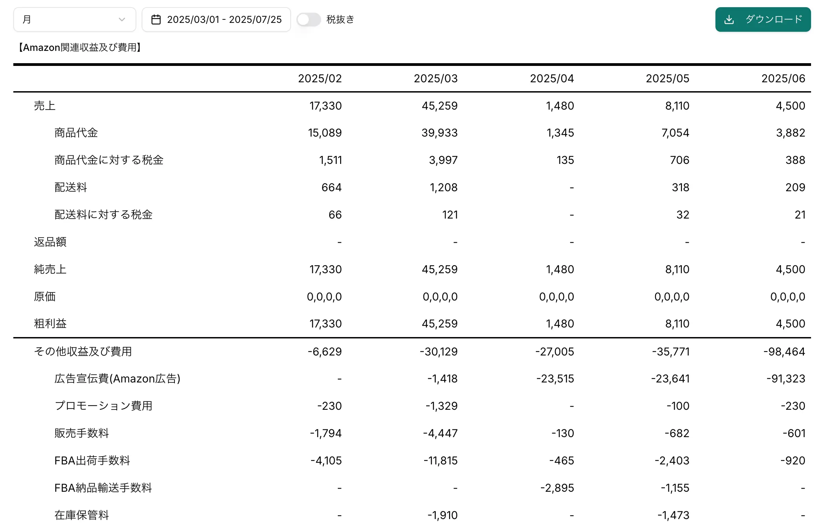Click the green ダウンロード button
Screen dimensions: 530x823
[763, 19]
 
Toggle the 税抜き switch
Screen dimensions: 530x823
[308, 19]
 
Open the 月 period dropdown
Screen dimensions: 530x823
[74, 19]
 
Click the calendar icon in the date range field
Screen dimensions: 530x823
[156, 19]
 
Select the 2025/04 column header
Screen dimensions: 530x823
[552, 79]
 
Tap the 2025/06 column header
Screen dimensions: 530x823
[783, 79]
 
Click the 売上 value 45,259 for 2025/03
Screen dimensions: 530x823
[440, 106]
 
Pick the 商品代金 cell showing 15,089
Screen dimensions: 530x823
[324, 133]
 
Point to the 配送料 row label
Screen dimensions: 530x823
[71, 187]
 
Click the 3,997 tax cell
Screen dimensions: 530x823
[443, 160]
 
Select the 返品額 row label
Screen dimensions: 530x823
[50, 242]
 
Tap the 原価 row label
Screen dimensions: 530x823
[44, 296]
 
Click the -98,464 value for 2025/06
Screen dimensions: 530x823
[784, 351]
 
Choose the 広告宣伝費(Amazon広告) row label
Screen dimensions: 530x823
[117, 379]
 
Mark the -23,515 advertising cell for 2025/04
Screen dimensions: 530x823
[555, 379]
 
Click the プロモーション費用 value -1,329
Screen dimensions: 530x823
[442, 406]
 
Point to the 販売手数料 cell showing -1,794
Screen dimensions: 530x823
[325, 433]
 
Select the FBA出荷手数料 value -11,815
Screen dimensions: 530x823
[441, 460]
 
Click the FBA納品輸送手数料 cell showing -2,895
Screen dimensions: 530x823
[557, 488]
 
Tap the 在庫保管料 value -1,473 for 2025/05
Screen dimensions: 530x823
[673, 515]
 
